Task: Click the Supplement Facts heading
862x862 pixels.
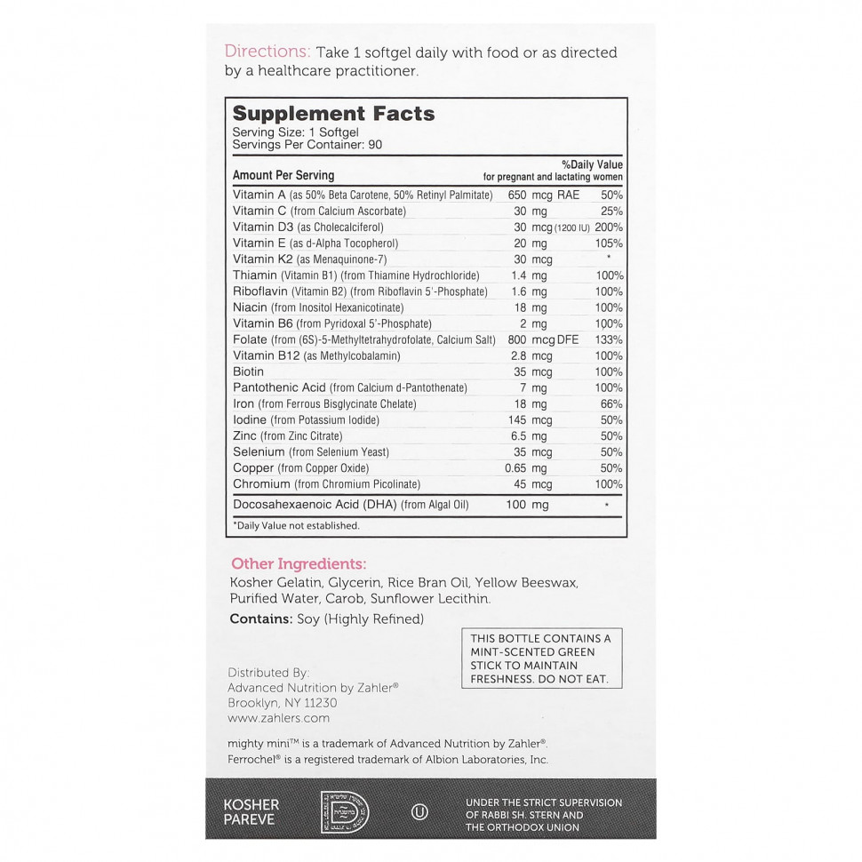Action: tap(333, 114)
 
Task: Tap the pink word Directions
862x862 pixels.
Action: tap(267, 52)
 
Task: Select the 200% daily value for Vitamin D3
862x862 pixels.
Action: tap(609, 227)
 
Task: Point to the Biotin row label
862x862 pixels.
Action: tap(248, 371)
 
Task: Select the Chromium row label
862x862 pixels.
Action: tap(261, 484)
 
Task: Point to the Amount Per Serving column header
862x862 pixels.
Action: tap(283, 176)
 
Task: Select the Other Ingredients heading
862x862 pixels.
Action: tap(299, 563)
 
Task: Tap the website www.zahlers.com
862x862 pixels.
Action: tap(278, 718)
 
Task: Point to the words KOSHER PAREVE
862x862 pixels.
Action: tap(251, 810)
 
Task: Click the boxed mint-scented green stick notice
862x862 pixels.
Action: tap(540, 658)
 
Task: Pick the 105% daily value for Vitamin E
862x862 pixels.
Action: tap(610, 243)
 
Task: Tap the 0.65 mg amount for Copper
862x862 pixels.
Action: tap(531, 468)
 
